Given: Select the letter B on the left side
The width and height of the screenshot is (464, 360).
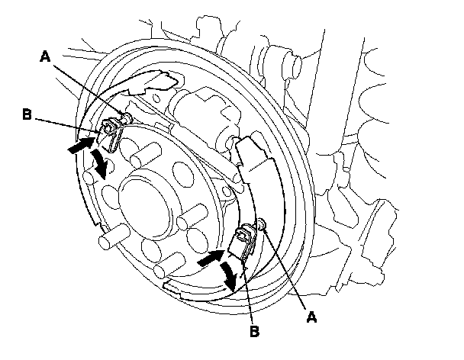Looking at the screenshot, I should (26, 117).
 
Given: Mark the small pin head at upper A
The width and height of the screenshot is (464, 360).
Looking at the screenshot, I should (127, 117).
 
